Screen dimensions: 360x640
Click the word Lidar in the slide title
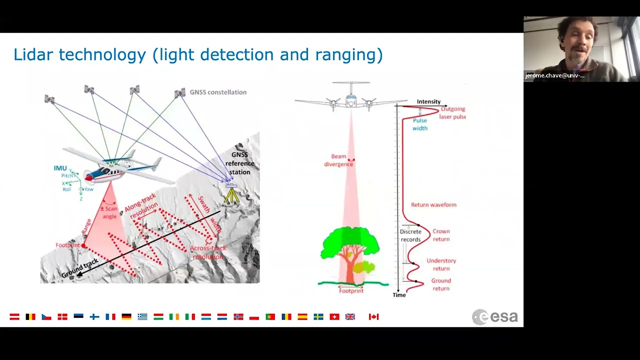[x=34, y=54]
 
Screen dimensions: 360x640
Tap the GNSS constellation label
[x=218, y=92]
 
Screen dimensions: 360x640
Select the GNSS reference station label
[x=239, y=163]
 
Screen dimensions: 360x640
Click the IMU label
[x=60, y=168]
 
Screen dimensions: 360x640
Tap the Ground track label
[x=80, y=268]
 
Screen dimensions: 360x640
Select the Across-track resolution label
[x=208, y=252]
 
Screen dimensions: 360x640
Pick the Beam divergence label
[x=338, y=160]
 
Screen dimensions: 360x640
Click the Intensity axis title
[x=428, y=101]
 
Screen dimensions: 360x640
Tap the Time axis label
[x=399, y=295]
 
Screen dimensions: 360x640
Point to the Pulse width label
[x=420, y=124]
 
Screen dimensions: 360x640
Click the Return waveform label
[x=433, y=204]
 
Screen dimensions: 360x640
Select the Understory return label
[x=441, y=264]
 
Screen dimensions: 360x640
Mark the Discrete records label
[x=410, y=235]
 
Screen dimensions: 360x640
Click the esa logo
[x=494, y=317]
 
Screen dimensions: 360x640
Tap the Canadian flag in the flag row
[x=373, y=316]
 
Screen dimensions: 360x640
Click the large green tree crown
[x=349, y=242]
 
